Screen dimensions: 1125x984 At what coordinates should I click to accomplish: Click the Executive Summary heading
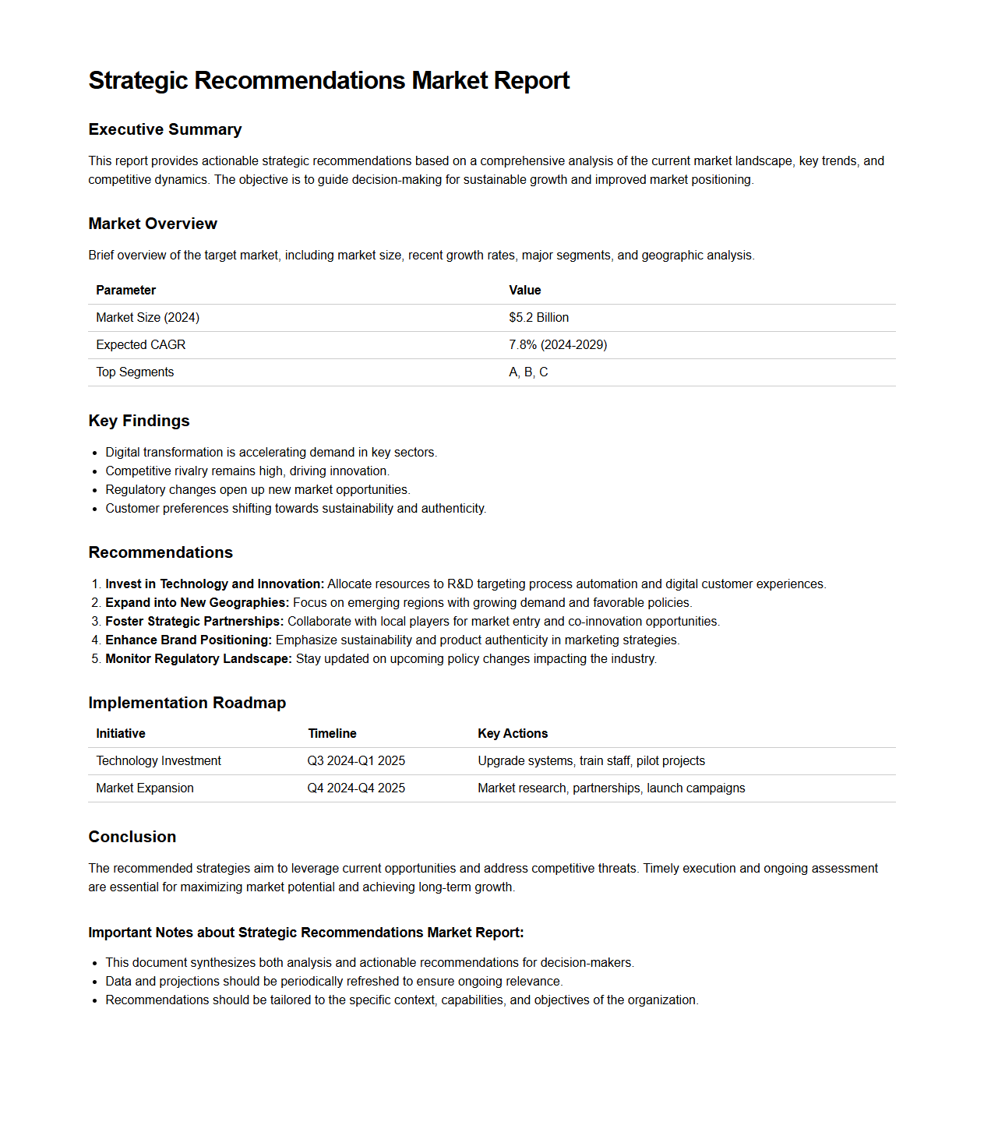pyautogui.click(x=165, y=129)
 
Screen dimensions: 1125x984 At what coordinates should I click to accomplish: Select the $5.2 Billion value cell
pyautogui.click(x=538, y=318)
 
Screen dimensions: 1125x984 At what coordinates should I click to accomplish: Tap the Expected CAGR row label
pyautogui.click(x=141, y=345)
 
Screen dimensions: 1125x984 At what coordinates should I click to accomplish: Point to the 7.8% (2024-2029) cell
pyautogui.click(x=558, y=345)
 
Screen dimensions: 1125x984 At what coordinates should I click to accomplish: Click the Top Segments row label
pyautogui.click(x=135, y=372)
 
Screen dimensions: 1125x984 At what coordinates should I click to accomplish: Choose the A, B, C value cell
pyautogui.click(x=528, y=372)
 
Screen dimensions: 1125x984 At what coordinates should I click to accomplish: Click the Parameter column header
pyautogui.click(x=126, y=291)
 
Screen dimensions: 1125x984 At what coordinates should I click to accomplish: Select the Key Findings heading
pyautogui.click(x=139, y=421)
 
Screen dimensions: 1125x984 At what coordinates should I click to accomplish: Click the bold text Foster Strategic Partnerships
pyautogui.click(x=194, y=622)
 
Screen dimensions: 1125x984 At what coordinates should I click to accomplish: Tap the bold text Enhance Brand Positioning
pyautogui.click(x=189, y=640)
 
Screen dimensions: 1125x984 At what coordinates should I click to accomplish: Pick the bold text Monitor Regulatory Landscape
pyautogui.click(x=199, y=659)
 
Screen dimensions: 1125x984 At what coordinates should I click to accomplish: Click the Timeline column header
pyautogui.click(x=332, y=734)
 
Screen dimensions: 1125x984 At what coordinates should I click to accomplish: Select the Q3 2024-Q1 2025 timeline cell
pyautogui.click(x=356, y=761)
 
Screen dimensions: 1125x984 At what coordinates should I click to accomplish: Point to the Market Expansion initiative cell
pyautogui.click(x=145, y=788)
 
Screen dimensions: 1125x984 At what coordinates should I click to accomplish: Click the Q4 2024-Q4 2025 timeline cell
pyautogui.click(x=356, y=788)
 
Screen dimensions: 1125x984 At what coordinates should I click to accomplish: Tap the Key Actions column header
pyautogui.click(x=513, y=734)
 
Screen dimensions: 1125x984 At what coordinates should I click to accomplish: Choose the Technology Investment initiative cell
pyautogui.click(x=159, y=761)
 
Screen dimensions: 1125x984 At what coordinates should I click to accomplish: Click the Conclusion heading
pyautogui.click(x=132, y=837)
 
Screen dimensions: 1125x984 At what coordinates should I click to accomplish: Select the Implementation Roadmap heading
pyautogui.click(x=187, y=703)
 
